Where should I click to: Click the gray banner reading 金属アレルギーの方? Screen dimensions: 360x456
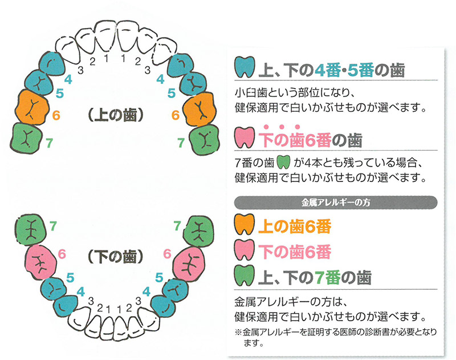pos(336,201)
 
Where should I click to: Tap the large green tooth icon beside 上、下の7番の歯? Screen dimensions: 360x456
pos(245,277)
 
